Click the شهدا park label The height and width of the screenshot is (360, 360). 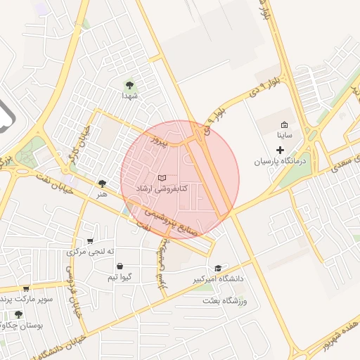128,95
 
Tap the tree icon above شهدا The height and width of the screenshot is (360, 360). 128,85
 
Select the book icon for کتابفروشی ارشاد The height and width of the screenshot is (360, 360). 162,179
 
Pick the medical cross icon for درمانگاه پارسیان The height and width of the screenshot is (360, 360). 280,150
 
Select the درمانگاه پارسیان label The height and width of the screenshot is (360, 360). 281,161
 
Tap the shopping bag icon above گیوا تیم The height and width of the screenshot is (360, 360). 120,266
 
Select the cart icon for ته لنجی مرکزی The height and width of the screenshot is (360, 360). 89,241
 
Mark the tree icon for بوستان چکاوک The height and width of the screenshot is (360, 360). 18,314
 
